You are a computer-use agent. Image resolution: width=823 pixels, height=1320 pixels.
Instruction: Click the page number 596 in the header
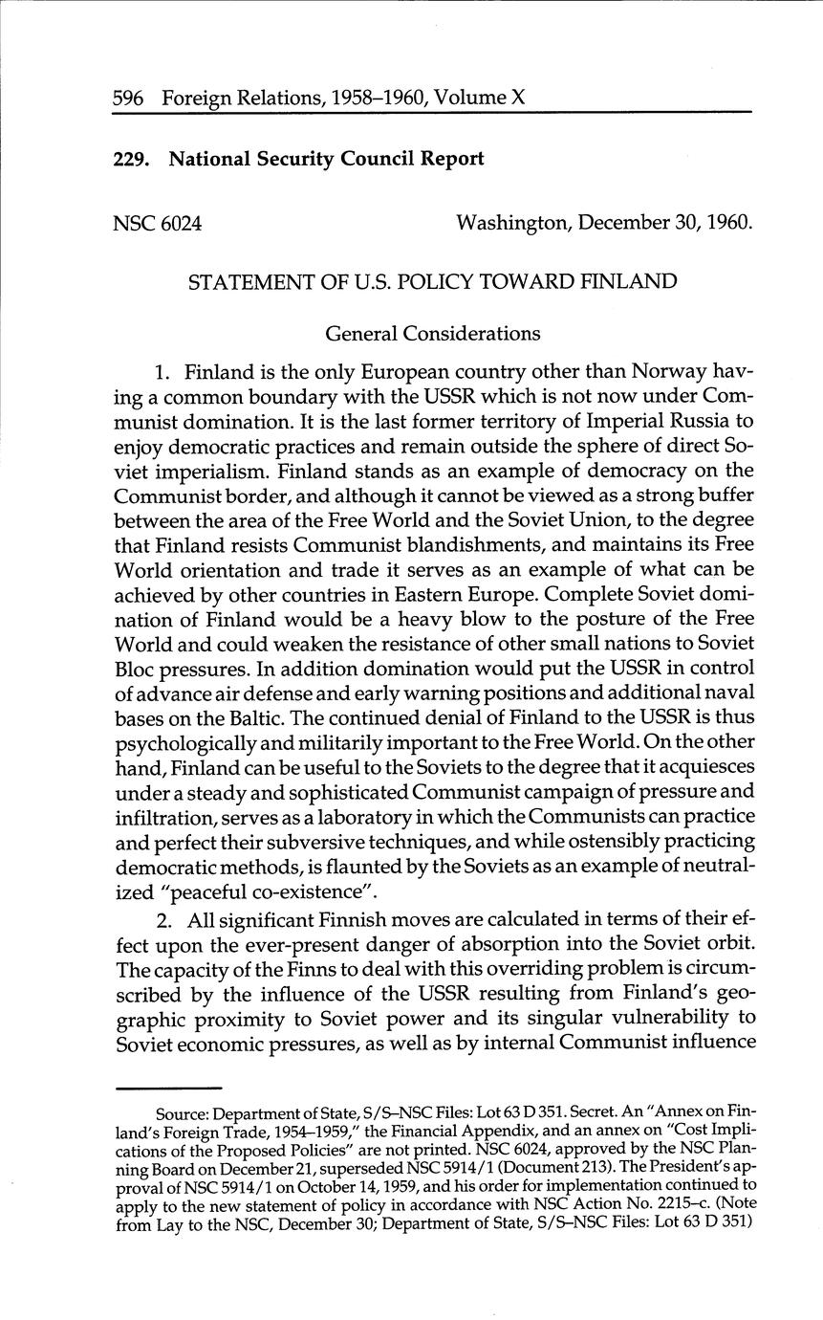pos(129,98)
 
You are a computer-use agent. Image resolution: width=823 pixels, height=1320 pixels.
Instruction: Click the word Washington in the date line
pos(512,224)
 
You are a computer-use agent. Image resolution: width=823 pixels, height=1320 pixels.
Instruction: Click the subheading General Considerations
pos(433,334)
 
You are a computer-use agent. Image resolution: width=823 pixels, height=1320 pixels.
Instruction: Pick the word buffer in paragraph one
pos(726,495)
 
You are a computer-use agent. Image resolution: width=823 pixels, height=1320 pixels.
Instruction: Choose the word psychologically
pos(181,742)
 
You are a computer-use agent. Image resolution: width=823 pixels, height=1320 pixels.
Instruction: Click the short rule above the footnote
pos(168,1089)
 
